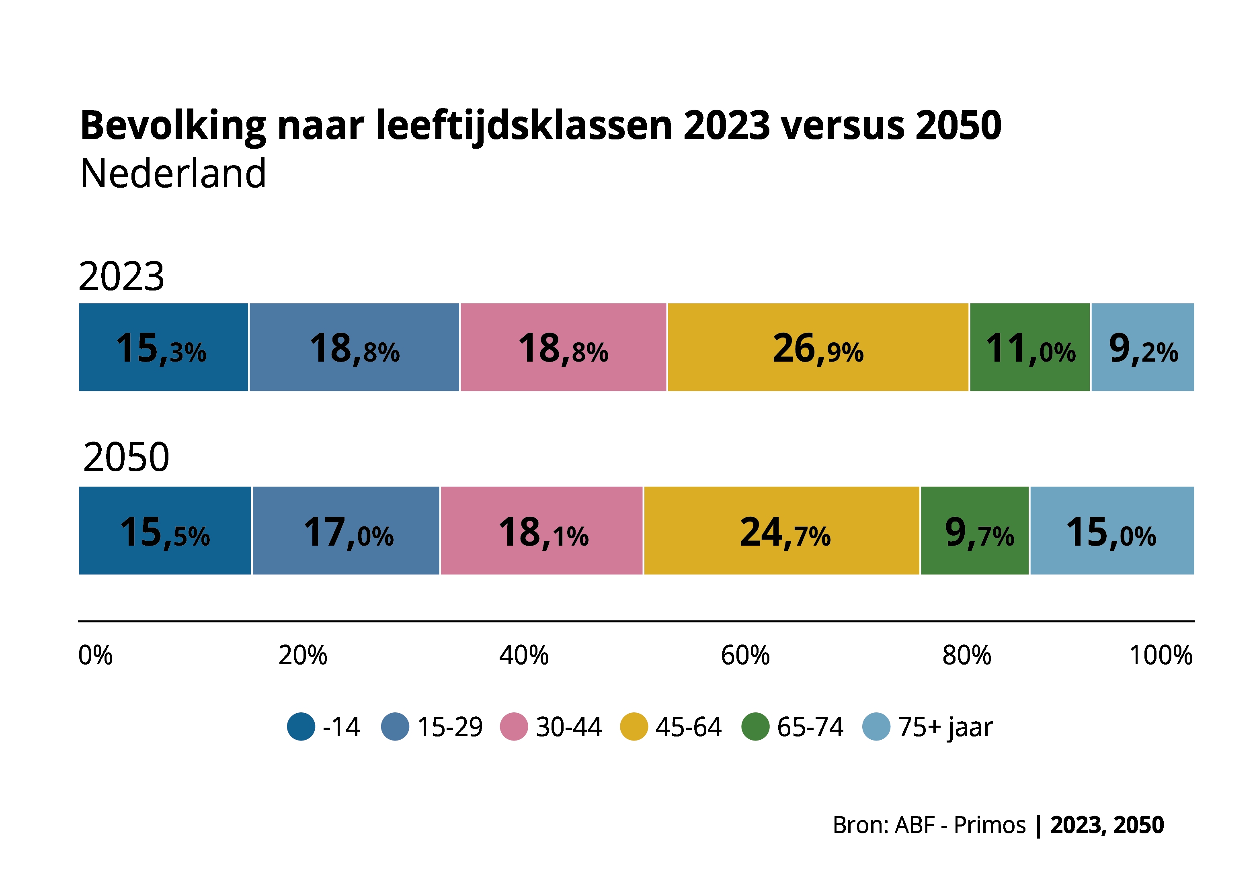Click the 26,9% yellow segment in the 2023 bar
tap(817, 347)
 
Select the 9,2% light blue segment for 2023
tap(1142, 347)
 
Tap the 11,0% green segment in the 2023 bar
tap(1029, 347)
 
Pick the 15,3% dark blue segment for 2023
tap(163, 347)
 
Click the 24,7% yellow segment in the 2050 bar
tap(781, 531)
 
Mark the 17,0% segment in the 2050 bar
tap(346, 531)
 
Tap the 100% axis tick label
tap(1160, 655)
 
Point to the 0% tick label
tap(95, 655)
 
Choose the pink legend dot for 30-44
tap(514, 727)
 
